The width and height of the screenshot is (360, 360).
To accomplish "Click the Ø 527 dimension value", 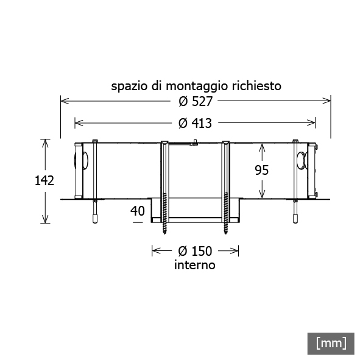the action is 196,102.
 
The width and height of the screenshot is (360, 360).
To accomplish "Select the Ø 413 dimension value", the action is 195,123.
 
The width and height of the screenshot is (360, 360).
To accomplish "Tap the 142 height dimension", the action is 44,180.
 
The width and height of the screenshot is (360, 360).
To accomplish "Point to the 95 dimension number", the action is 262,170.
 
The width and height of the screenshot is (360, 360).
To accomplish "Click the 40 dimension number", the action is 138,211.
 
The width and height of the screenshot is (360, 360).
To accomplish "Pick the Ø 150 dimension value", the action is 195,251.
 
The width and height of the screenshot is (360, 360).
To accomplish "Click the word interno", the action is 195,265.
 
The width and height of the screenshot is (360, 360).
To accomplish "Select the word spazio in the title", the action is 129,86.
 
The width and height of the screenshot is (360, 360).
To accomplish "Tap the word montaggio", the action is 197,86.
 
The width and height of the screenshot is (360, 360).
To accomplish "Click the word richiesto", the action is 256,86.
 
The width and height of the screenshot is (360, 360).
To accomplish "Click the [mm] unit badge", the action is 331,344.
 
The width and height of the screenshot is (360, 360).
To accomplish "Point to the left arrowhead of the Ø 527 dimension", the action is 65,101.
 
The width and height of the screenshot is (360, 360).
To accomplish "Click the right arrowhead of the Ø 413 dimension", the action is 311,123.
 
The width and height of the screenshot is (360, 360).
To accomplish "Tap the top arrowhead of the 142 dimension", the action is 45,143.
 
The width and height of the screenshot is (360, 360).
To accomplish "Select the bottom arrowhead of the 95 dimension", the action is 262,194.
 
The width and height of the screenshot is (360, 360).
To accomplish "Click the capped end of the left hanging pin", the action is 95,219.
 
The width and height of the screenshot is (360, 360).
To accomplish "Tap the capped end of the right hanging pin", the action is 295,219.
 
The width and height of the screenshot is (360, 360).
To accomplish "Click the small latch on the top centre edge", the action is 195,143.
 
